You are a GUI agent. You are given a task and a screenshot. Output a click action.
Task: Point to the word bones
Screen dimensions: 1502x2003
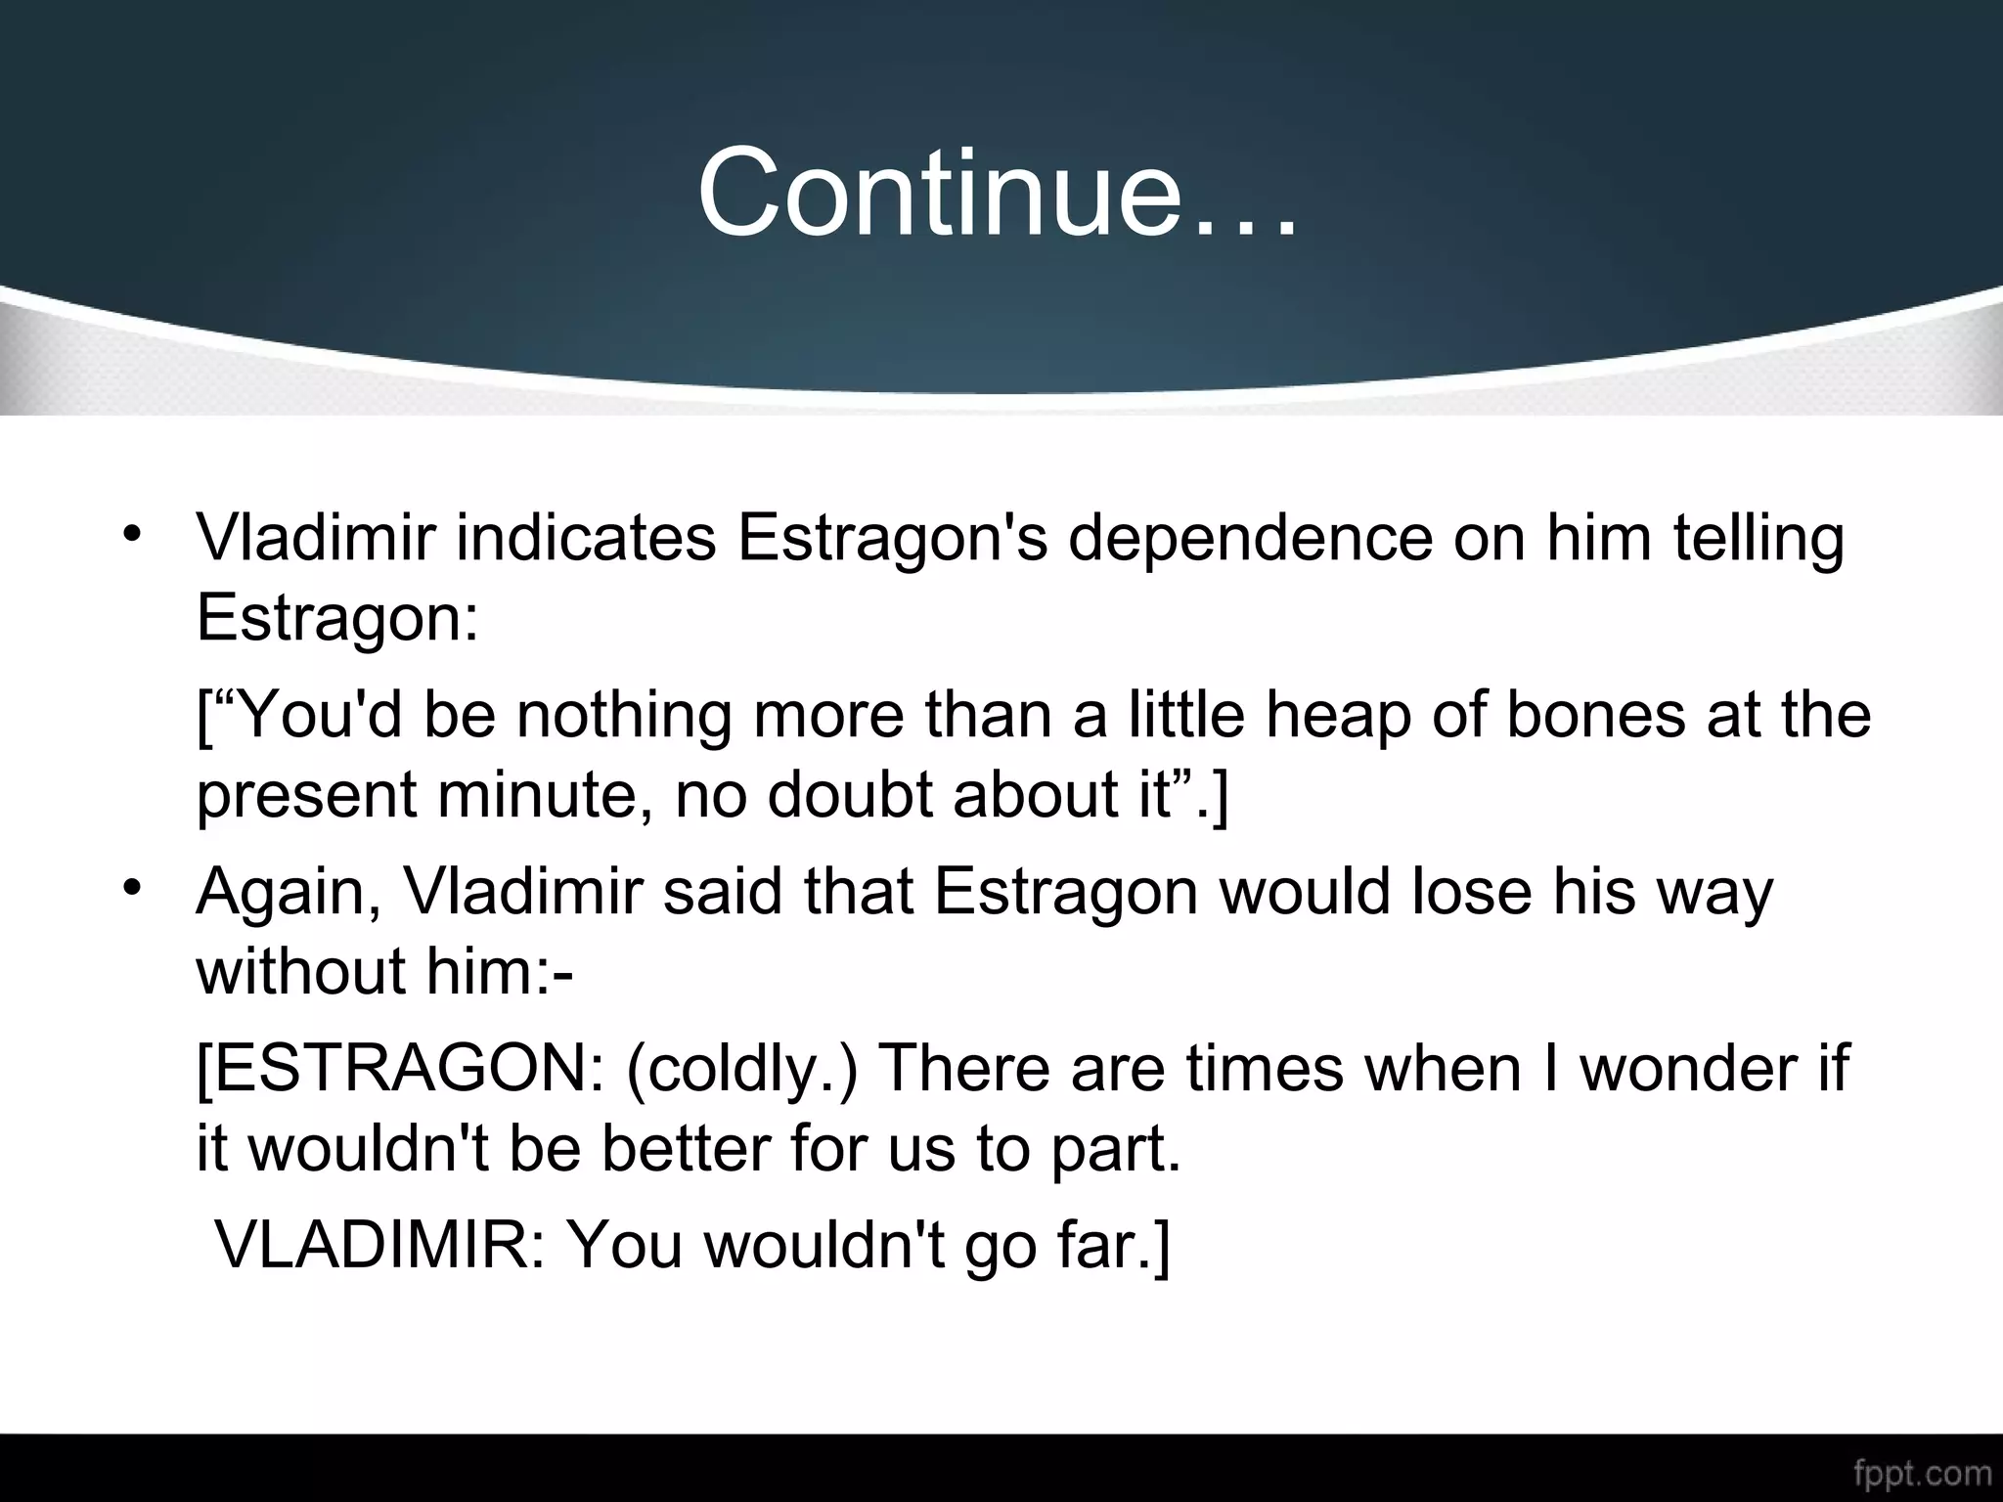(x=1595, y=715)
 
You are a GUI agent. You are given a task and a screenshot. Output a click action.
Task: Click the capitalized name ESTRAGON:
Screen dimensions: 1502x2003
(x=401, y=1069)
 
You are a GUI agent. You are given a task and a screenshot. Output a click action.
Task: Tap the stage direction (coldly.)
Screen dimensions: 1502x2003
(x=741, y=1069)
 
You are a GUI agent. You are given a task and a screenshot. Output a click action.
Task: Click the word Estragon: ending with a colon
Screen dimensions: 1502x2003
(x=337, y=617)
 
